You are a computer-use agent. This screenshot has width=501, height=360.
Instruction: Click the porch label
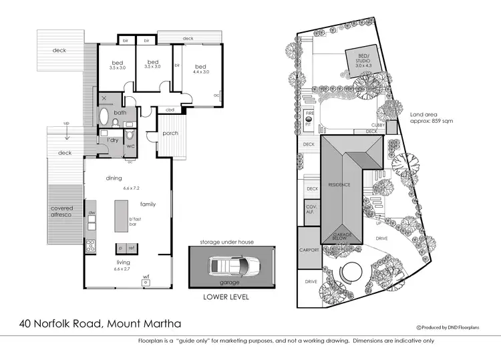(170, 133)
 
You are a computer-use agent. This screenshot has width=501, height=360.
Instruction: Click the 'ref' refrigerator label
(132, 248)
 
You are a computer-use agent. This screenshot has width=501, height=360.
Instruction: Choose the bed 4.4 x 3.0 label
(201, 69)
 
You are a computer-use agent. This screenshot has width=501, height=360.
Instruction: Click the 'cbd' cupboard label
(170, 110)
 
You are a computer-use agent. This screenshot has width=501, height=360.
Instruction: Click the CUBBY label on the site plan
(379, 124)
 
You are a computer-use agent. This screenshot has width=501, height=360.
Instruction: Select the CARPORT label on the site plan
(309, 249)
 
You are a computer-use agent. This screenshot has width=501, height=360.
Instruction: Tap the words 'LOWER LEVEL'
(226, 297)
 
